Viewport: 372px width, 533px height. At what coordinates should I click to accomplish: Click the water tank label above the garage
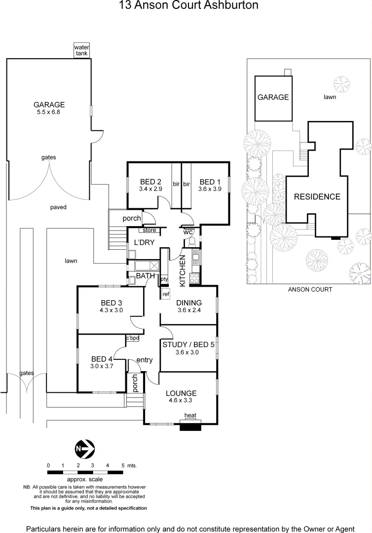[x=81, y=50]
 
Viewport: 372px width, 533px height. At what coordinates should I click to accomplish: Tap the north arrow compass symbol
[x=84, y=449]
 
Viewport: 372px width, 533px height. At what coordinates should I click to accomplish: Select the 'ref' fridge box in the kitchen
[x=166, y=295]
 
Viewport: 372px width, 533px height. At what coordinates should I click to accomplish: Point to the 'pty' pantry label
[x=164, y=279]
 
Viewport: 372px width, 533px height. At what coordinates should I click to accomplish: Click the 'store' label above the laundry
[x=149, y=230]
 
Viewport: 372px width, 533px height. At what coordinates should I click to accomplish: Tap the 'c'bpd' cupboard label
[x=132, y=338]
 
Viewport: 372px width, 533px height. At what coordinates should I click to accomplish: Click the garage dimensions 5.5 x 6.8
[x=49, y=112]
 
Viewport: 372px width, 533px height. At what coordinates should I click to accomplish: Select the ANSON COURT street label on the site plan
[x=310, y=290]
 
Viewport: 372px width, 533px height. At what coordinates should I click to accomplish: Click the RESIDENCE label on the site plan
[x=317, y=196]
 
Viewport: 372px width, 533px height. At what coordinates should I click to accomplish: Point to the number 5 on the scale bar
[x=122, y=465]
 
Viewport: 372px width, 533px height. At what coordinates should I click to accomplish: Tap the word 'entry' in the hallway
[x=145, y=360]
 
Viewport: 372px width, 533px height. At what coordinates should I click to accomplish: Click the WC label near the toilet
[x=187, y=232]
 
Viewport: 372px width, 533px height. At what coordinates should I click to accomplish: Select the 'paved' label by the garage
[x=58, y=207]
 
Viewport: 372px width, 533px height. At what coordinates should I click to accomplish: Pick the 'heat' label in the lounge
[x=190, y=416]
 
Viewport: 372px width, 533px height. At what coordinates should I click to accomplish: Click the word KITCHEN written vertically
[x=182, y=270]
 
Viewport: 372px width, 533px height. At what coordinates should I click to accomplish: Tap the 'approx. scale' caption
[x=84, y=479]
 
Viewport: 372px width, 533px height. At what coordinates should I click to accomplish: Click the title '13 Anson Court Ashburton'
[x=189, y=6]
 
